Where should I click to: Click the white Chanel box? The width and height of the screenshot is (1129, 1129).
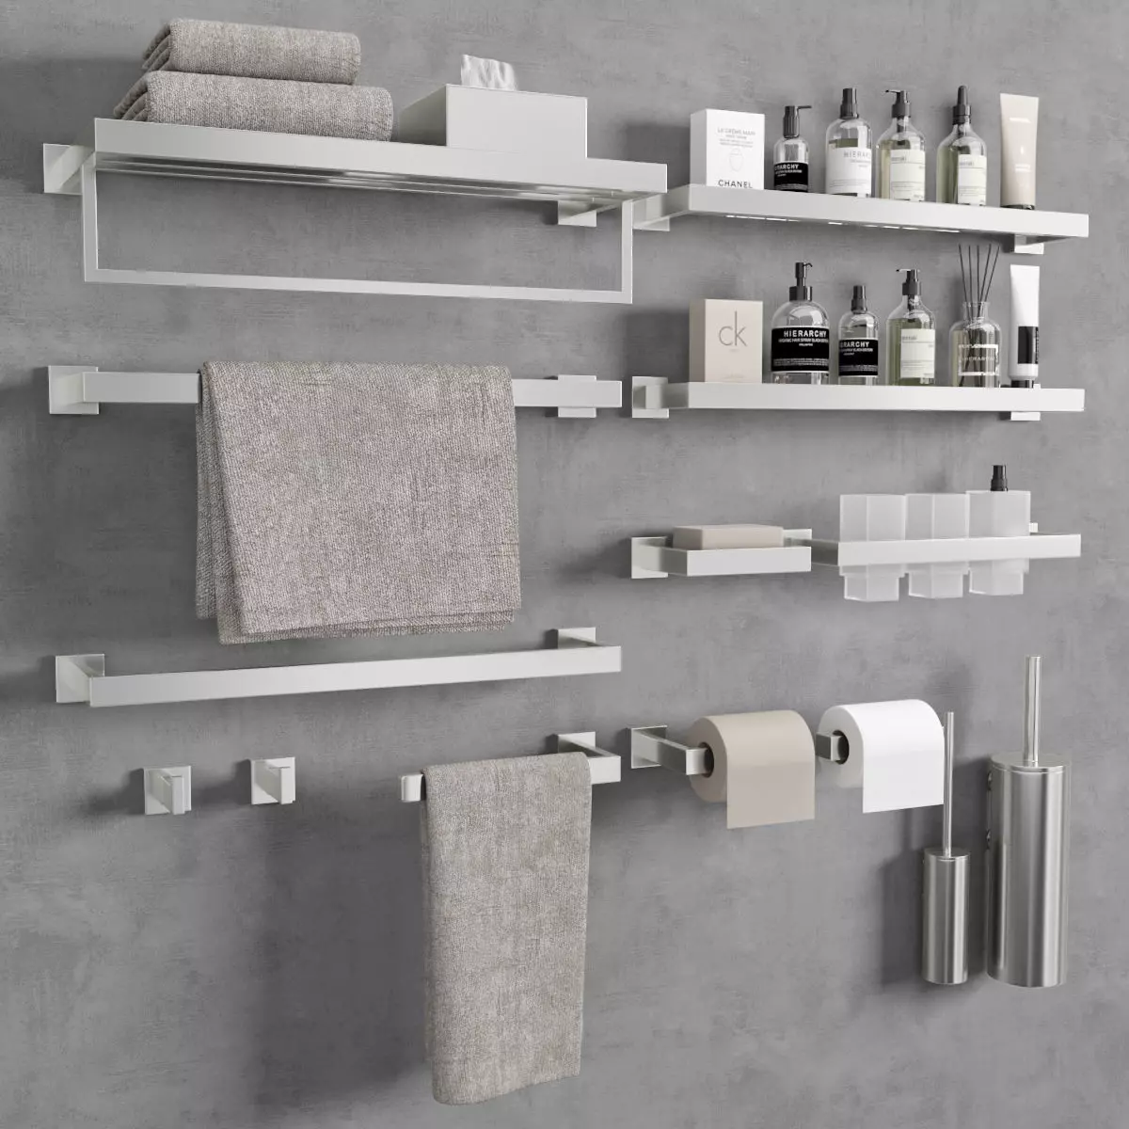click(724, 150)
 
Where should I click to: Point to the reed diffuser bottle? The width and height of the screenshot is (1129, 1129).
click(977, 348)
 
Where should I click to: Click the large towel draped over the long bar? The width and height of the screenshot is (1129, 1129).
click(358, 499)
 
